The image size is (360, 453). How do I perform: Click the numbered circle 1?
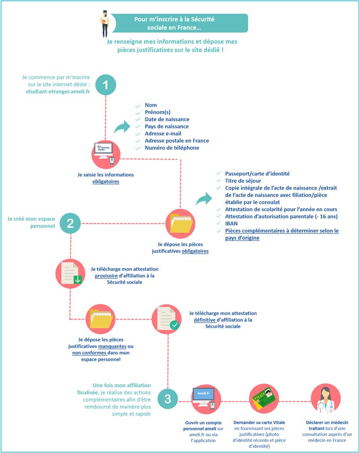pos(106,85)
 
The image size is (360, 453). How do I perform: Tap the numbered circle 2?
pos(70,223)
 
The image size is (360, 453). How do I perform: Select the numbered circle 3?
pos(168,399)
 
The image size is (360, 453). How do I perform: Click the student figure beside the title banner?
pos(105,24)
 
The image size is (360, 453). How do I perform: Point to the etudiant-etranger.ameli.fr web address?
pos(58,92)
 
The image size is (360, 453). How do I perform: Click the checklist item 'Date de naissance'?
pos(167,119)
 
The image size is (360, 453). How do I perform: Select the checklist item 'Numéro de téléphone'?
pos(172,148)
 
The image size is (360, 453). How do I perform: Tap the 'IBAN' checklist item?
pos(231,224)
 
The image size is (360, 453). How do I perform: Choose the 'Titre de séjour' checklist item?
pos(243,181)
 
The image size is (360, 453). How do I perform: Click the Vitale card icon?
pos(264,399)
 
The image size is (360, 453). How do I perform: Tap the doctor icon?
pos(325,399)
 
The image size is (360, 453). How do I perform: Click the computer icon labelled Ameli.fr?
pos(206,399)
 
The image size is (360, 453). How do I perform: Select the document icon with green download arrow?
pos(70,274)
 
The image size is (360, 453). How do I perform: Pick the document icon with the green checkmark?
pos(167,319)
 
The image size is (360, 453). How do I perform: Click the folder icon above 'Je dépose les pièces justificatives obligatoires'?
pos(180,224)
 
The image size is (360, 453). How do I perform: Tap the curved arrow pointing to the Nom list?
pos(122,127)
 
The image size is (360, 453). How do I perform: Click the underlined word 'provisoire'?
pos(107,275)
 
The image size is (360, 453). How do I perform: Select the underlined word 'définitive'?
pos(204,320)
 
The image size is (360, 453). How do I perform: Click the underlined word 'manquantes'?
pos(112,346)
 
